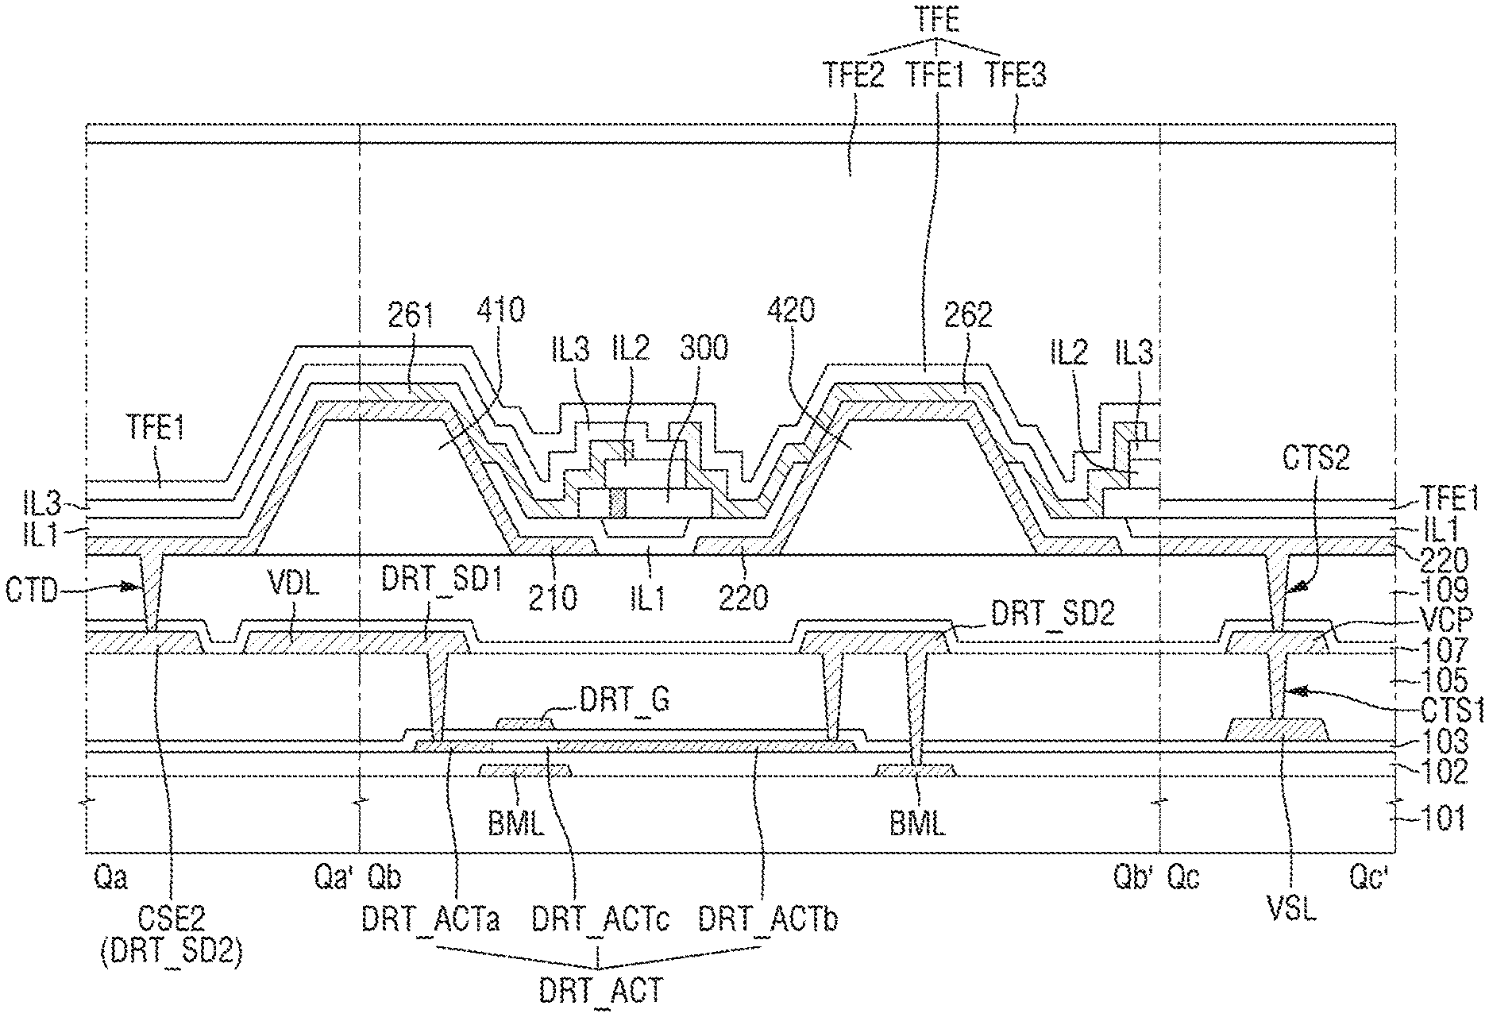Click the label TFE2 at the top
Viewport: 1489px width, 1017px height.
click(854, 75)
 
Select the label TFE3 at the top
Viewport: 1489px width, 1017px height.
click(1016, 75)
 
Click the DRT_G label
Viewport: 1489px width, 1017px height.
click(624, 699)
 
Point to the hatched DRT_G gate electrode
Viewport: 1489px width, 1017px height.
click(525, 722)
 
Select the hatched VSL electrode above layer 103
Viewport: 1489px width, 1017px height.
click(1278, 730)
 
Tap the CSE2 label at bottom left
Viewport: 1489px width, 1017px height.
click(170, 920)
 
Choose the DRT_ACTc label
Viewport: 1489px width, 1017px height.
click(600, 920)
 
